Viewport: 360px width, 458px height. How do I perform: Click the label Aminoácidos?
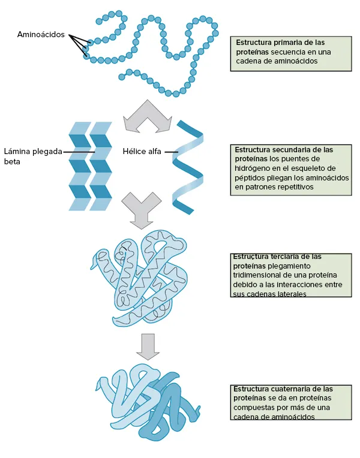[x=41, y=35]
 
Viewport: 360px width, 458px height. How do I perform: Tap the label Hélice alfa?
[x=142, y=151]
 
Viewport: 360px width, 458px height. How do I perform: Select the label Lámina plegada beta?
[x=33, y=156]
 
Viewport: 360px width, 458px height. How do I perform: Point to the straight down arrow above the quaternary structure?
[x=146, y=345]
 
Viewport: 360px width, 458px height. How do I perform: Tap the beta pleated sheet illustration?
[x=90, y=166]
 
